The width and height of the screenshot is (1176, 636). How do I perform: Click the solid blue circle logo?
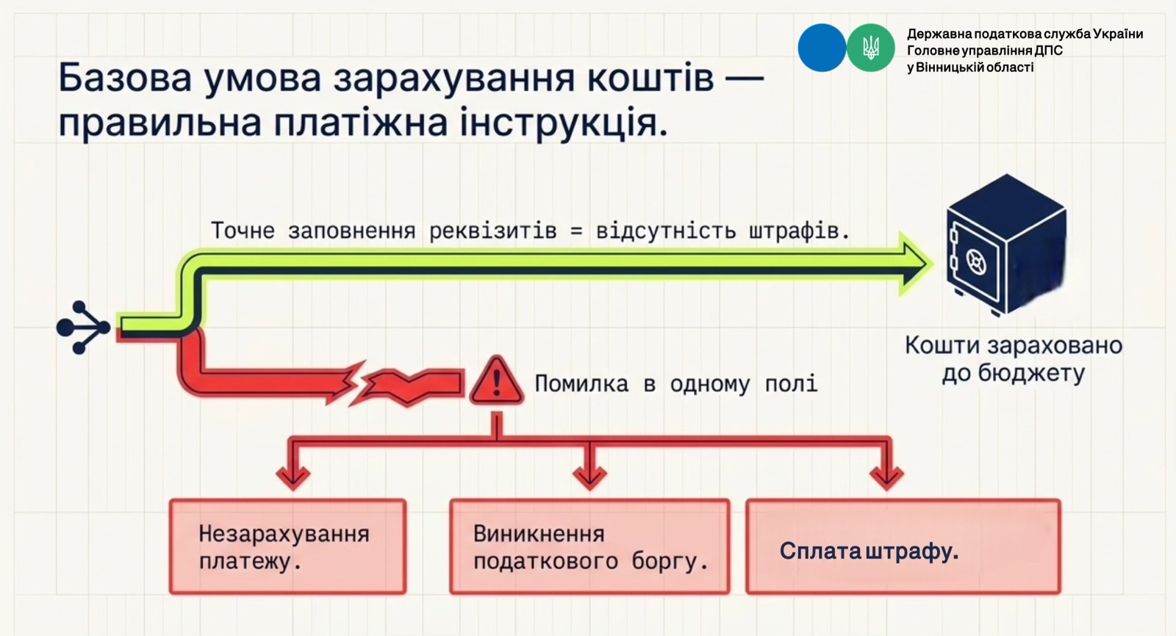(822, 48)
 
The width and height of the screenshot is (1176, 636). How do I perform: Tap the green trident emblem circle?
(870, 48)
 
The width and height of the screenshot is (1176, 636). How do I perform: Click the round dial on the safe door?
(976, 261)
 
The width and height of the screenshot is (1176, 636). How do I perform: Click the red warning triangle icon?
(496, 381)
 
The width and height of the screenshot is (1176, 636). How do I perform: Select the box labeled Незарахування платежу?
(287, 546)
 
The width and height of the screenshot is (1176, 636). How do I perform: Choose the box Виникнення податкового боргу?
(589, 546)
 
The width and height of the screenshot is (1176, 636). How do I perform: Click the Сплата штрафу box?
(903, 546)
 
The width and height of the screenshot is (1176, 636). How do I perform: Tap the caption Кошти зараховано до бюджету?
(1014, 359)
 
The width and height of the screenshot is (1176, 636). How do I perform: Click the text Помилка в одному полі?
(675, 384)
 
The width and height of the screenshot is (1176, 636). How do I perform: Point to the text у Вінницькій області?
(970, 67)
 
